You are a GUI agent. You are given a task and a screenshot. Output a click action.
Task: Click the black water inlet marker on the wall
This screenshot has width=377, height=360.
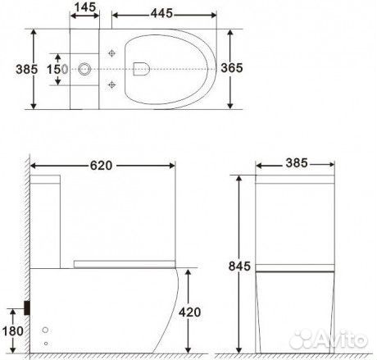[x=30, y=307]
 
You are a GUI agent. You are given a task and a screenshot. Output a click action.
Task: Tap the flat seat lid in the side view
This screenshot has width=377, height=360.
[x=123, y=262]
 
